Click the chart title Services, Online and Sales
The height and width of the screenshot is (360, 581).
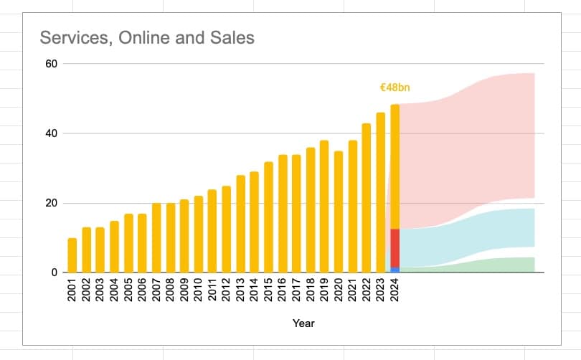pyautogui.click(x=147, y=37)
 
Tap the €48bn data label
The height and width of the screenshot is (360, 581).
pyautogui.click(x=395, y=87)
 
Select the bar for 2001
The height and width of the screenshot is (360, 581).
pyautogui.click(x=72, y=255)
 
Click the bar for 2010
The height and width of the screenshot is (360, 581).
pyautogui.click(x=199, y=235)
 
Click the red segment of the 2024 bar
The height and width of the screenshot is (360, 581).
pyautogui.click(x=395, y=247)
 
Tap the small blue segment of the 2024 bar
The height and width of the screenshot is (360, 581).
pyautogui.click(x=395, y=270)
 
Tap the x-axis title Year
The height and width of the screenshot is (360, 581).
pyautogui.click(x=303, y=323)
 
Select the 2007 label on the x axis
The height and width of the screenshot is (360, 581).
pyautogui.click(x=156, y=290)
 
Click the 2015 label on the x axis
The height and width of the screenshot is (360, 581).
pyautogui.click(x=268, y=290)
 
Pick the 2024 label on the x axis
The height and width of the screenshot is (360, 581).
pyautogui.click(x=395, y=290)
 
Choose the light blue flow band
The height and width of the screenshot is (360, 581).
pyautogui.click(x=488, y=229)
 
